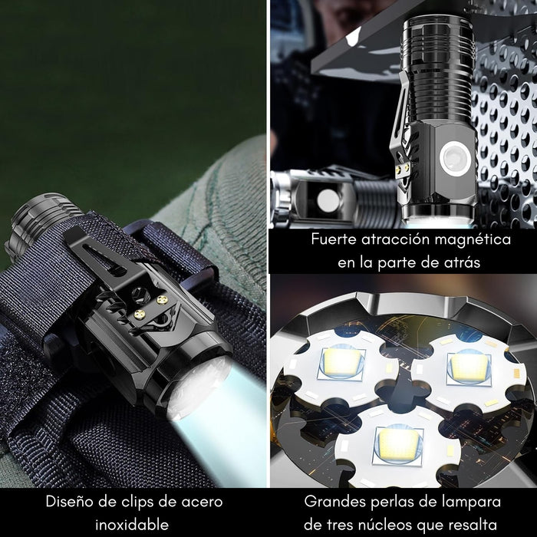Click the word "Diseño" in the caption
68,503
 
